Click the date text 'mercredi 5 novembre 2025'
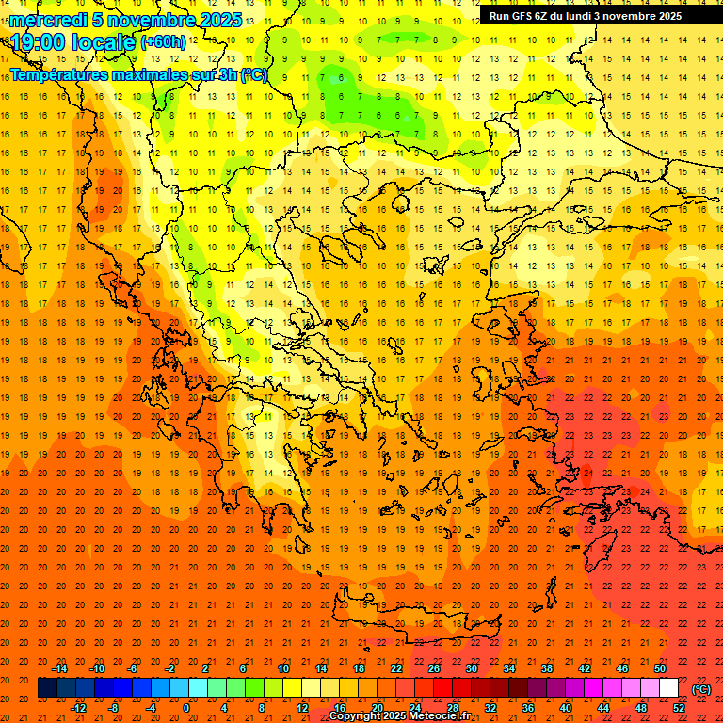click(x=126, y=20)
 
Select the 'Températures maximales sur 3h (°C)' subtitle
click(x=139, y=74)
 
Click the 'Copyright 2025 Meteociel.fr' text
click(x=399, y=716)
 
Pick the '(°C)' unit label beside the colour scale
click(x=701, y=689)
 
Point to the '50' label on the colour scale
click(x=660, y=668)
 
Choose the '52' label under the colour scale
click(x=679, y=708)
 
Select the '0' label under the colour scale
click(x=186, y=708)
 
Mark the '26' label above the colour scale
click(x=434, y=668)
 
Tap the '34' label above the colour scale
click(x=509, y=668)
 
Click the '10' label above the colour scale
click(x=283, y=668)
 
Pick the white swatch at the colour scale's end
click(x=669, y=688)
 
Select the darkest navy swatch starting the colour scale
click(x=47, y=688)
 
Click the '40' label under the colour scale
click(x=566, y=708)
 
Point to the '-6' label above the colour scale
click(x=133, y=668)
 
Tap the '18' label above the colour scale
click(x=359, y=668)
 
